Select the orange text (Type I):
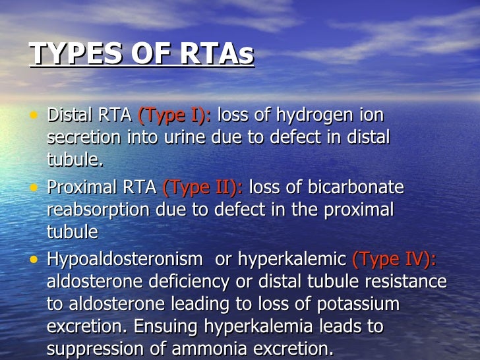pos(174,115)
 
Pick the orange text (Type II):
pos(202,188)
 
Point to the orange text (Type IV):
pos(394,259)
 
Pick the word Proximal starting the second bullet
pos(80,188)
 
